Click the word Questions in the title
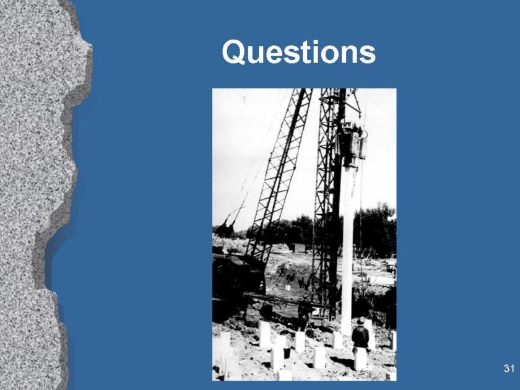pos(299,52)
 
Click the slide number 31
pos(509,368)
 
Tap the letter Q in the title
pos(234,52)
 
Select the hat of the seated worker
pos(360,321)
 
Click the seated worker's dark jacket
pos(360,337)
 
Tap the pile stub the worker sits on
pos(360,359)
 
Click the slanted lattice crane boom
pos(278,176)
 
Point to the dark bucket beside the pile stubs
pos(287,352)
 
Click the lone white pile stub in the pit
pos(288,287)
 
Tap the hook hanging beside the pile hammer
pos(365,136)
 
